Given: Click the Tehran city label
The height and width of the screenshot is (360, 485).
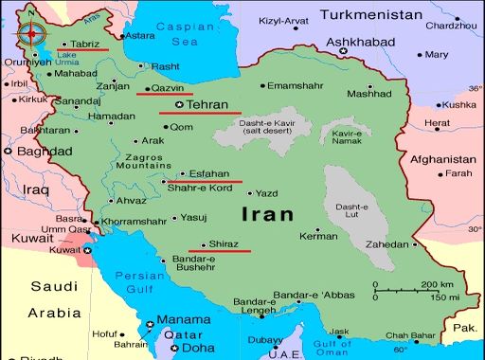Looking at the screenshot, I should (207, 105).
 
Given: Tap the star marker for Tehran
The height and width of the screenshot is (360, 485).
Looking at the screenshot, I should (179, 105).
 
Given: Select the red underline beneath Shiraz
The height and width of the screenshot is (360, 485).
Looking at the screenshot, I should (220, 251).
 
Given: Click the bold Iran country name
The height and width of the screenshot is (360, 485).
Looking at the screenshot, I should (268, 214).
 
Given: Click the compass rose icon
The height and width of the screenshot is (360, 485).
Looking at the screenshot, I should (31, 34).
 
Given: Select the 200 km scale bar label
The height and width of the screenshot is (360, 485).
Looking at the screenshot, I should (437, 284).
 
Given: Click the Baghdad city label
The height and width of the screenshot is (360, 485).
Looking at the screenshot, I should (37, 151).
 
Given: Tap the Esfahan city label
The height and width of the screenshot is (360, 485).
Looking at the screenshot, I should (209, 173).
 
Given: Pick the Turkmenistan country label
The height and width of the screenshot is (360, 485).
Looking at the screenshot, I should (370, 14).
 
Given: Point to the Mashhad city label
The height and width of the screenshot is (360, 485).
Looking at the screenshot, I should (368, 94).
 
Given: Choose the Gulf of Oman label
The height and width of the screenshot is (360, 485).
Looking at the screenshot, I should (332, 347).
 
